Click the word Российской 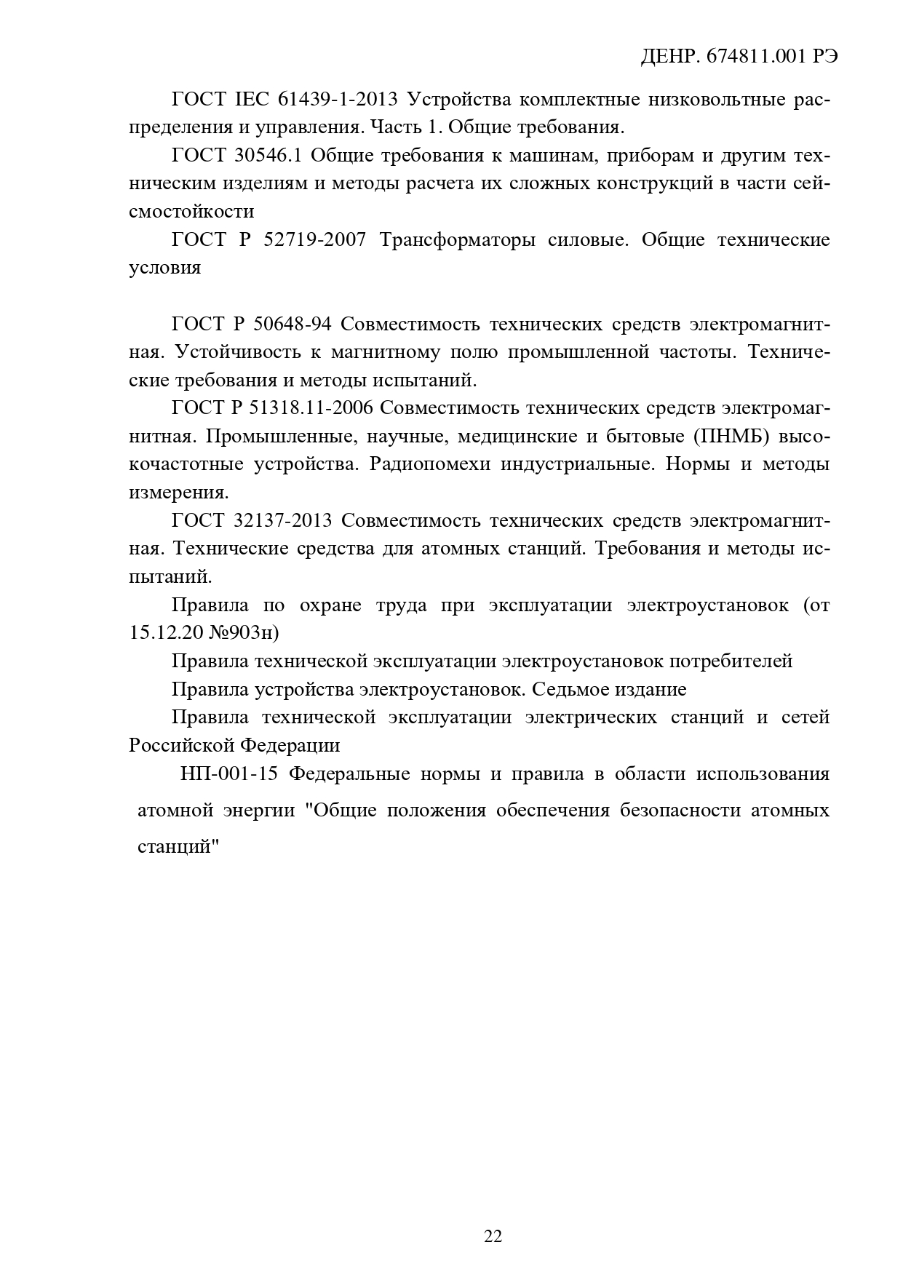[182, 746]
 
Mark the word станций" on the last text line [178, 848]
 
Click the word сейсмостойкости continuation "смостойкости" [191, 212]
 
